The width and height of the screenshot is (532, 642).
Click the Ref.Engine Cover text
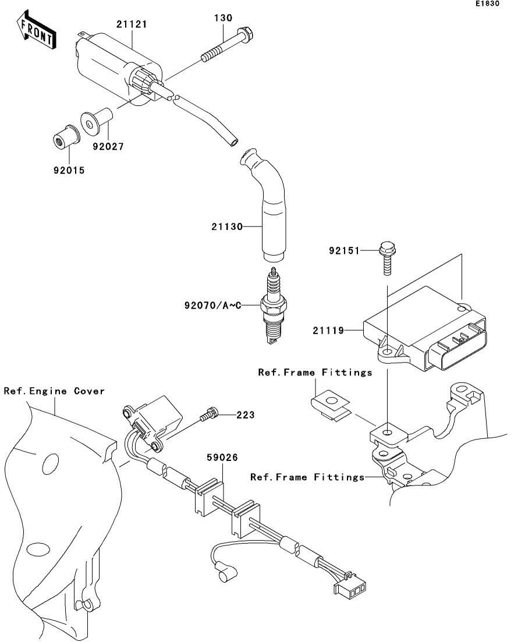click(54, 391)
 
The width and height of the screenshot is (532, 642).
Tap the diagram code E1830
click(487, 4)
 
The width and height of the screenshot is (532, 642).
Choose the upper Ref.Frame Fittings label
click(315, 372)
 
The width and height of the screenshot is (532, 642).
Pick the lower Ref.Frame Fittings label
click(307, 477)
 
